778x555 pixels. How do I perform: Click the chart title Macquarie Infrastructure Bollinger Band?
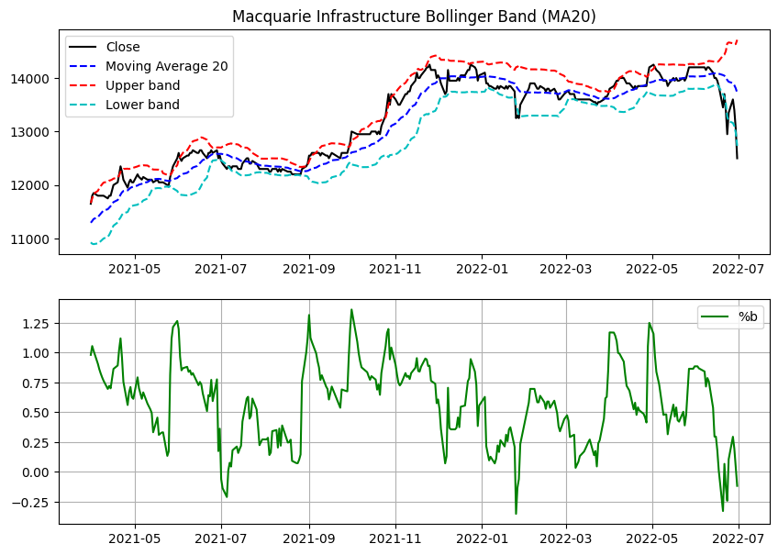pos(388,17)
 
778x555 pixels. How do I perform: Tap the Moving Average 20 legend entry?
pos(166,66)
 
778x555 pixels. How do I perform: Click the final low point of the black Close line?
pos(737,159)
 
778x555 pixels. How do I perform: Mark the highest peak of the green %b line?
pos(351,309)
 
